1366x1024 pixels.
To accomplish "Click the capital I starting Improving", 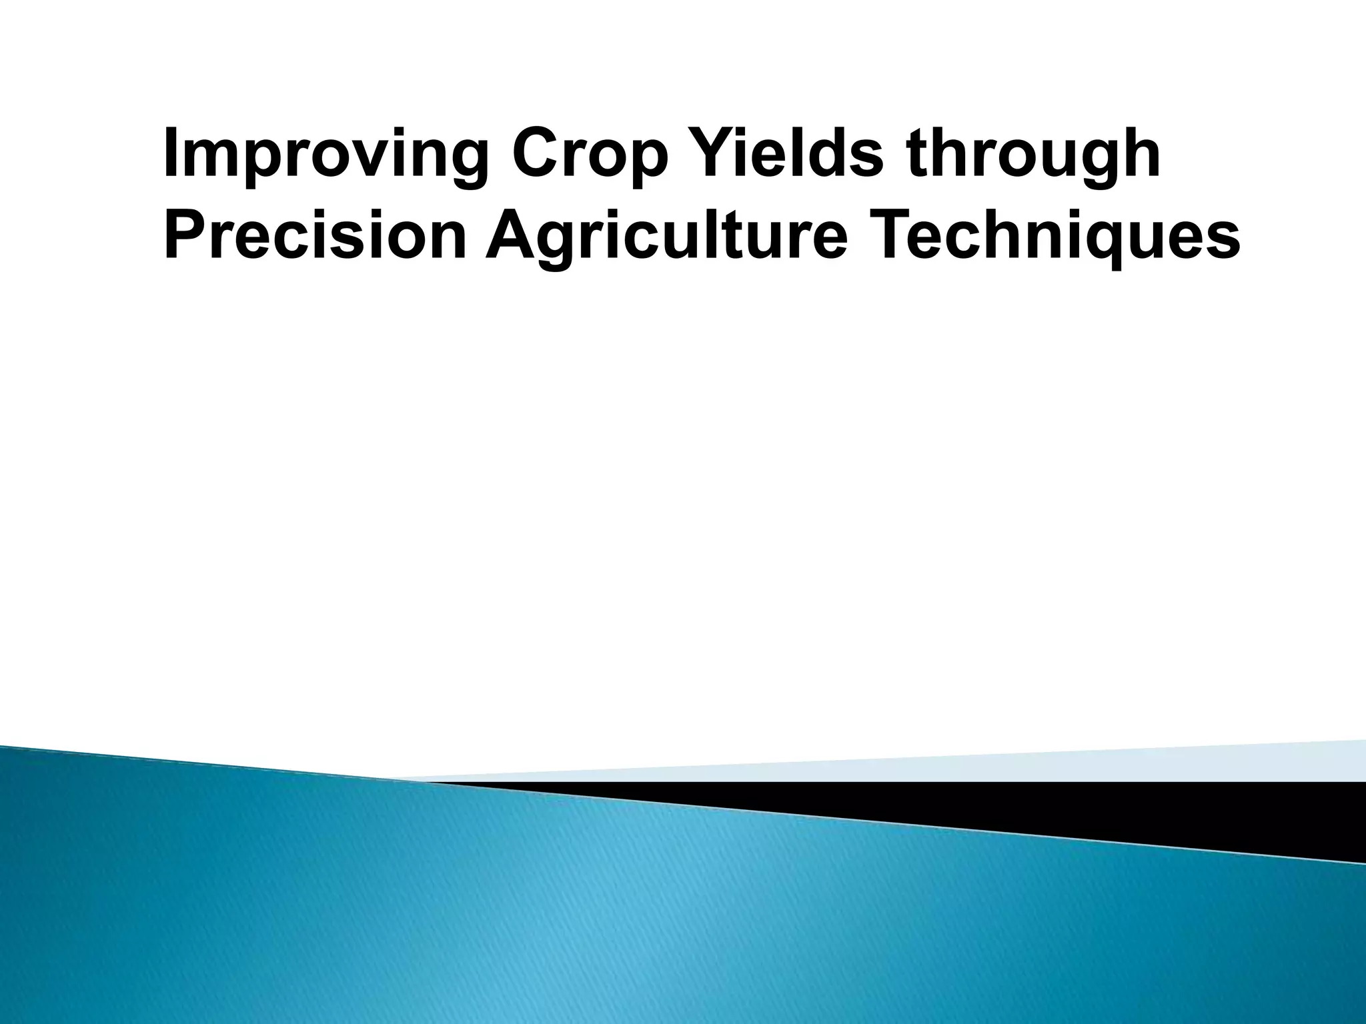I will coord(171,155).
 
